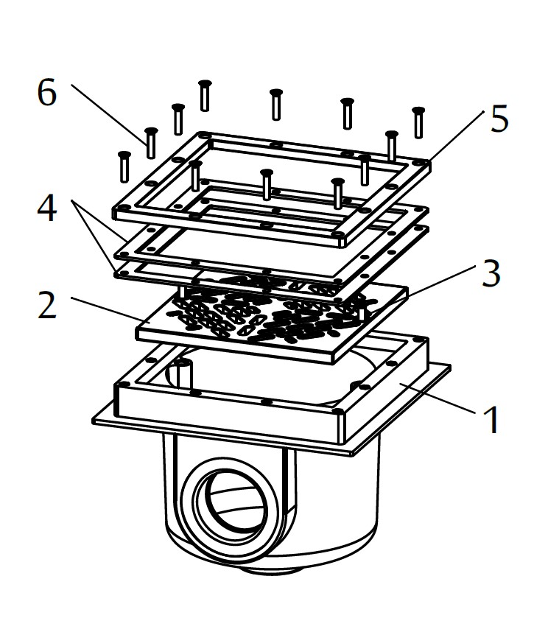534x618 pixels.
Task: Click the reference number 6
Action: [x=46, y=94]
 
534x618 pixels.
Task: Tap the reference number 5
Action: [x=499, y=119]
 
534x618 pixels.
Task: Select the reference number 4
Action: [x=46, y=211]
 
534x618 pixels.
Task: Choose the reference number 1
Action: [x=490, y=420]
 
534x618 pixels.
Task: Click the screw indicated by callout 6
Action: [x=151, y=142]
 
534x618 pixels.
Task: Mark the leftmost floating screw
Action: [x=124, y=165]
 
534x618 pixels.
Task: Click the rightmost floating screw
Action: [x=419, y=122]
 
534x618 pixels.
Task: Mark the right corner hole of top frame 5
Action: [x=420, y=161]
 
